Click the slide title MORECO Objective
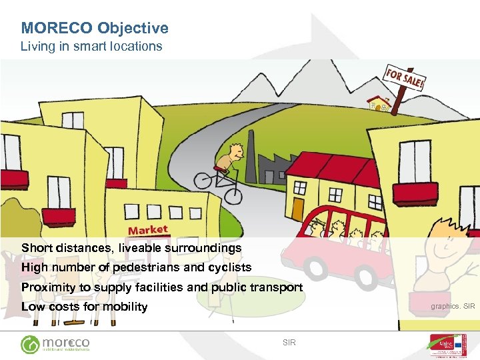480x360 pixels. pos(95,28)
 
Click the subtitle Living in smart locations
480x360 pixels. pos(91,47)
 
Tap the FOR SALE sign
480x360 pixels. pos(403,80)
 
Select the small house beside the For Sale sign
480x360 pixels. pos(379,103)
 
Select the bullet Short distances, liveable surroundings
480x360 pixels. pos(131,248)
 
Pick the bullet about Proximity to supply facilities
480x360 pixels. pos(162,287)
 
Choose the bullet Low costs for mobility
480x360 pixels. pos(84,307)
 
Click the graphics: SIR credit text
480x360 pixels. pos(453,307)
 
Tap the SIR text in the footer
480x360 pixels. pos(289,343)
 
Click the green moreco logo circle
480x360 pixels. pos(31,345)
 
